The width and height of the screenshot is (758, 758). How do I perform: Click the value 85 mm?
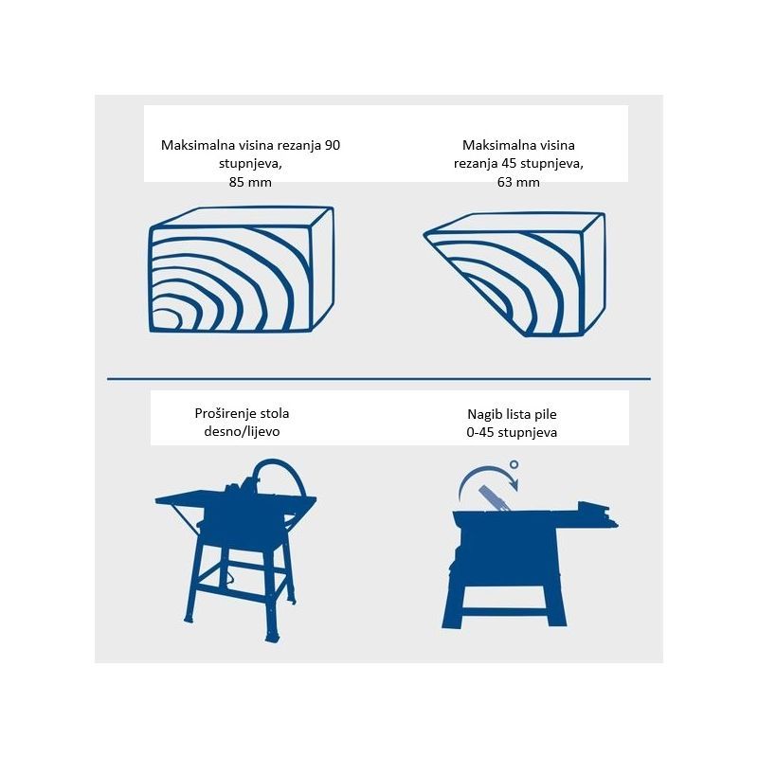point(250,182)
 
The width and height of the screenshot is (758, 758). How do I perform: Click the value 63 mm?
point(518,182)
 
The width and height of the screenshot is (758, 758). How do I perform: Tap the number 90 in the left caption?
point(333,145)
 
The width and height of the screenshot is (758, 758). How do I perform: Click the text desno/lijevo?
point(242,431)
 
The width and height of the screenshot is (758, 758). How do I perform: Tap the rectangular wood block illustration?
point(242,270)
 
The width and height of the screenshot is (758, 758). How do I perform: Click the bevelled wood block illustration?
point(515,274)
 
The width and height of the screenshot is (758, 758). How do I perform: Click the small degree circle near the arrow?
point(514,464)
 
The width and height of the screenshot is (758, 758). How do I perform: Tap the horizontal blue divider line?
point(378,379)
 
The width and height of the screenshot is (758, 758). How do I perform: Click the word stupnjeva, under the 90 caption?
point(250,164)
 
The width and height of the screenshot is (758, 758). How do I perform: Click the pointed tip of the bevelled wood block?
point(424,235)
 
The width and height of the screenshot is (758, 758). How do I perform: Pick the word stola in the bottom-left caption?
point(276,413)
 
